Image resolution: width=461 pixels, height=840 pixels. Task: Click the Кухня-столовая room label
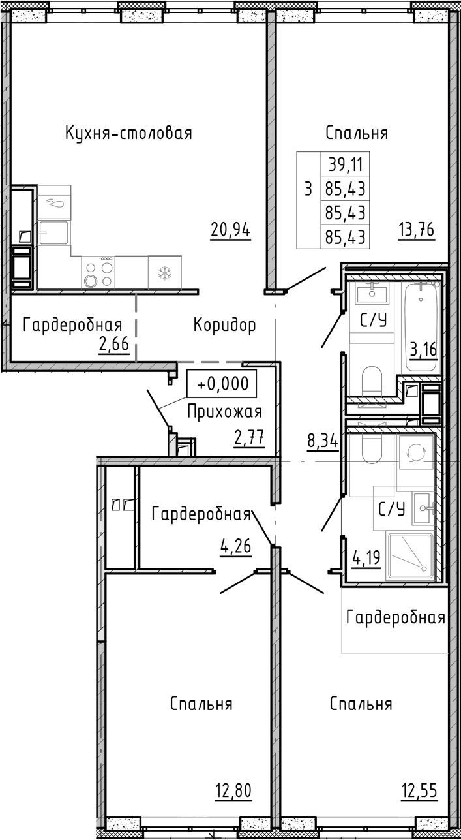coord(128,134)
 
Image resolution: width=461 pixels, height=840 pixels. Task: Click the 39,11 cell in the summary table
coord(346,164)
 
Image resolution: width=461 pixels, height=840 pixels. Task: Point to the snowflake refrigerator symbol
coord(165,273)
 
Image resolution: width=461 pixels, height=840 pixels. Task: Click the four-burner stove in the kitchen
coord(98,273)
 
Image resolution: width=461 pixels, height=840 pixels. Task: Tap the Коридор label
coord(225,325)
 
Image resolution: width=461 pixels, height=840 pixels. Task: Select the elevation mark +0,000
coord(222,384)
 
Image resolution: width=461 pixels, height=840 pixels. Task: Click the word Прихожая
coord(225,412)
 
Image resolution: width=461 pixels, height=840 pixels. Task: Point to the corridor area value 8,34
coord(322,441)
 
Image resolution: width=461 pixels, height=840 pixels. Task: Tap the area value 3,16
coord(424,350)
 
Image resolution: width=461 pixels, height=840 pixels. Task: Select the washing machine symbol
coord(415,452)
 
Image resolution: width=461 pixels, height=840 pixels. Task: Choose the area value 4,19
coord(366,557)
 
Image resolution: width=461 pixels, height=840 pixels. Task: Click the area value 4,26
coord(235,546)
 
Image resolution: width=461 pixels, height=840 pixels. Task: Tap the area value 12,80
coord(233,791)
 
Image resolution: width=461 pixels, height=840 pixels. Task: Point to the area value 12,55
coord(419,791)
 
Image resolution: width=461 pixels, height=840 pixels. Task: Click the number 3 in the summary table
coord(308,189)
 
